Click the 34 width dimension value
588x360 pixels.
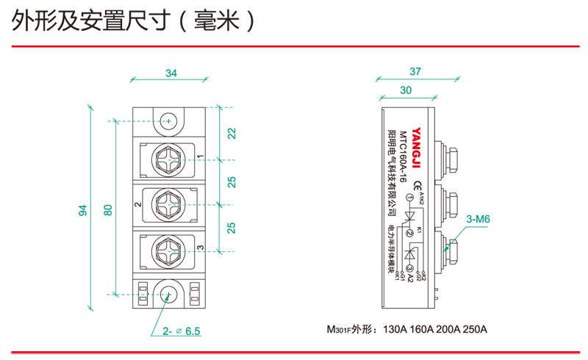click(171, 73)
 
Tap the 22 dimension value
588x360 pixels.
click(232, 134)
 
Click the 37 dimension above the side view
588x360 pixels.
click(415, 71)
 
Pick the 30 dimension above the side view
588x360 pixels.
click(405, 90)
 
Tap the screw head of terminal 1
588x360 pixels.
click(169, 158)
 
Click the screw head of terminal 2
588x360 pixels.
click(169, 204)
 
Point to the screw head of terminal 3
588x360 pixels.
click(169, 249)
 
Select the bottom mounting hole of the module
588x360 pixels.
click(169, 295)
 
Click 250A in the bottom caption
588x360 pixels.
click(474, 329)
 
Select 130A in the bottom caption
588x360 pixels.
click(398, 329)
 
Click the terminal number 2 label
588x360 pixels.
click(138, 204)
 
